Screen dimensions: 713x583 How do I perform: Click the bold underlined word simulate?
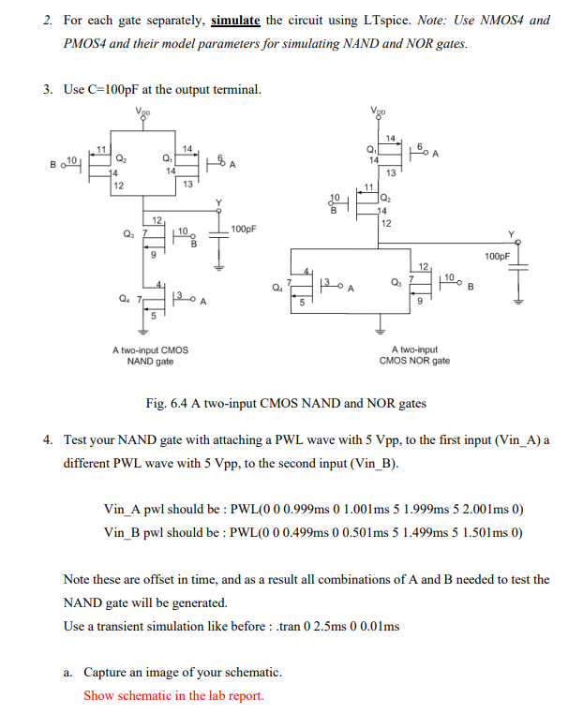click(x=235, y=20)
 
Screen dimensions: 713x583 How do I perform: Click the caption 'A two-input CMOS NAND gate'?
click(x=150, y=355)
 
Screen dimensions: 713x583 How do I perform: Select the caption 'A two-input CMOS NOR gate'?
click(x=414, y=355)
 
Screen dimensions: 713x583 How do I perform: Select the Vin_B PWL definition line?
click(x=313, y=531)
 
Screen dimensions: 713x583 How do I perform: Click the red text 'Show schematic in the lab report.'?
click(x=173, y=695)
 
